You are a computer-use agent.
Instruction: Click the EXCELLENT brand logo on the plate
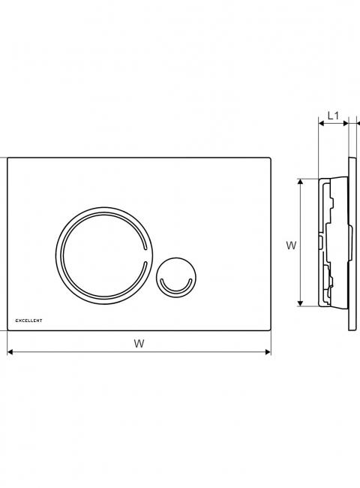tap(28, 321)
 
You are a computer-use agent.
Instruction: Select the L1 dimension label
tap(333, 116)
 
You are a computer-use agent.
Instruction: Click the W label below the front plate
tap(139, 344)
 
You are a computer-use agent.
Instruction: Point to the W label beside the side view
tap(291, 246)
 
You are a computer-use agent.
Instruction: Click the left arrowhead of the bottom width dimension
tap(10, 352)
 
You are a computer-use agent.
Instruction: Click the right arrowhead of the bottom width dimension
tap(268, 352)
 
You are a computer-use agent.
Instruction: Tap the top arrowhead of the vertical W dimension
tap(300, 182)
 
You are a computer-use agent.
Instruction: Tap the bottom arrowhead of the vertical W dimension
tap(300, 303)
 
